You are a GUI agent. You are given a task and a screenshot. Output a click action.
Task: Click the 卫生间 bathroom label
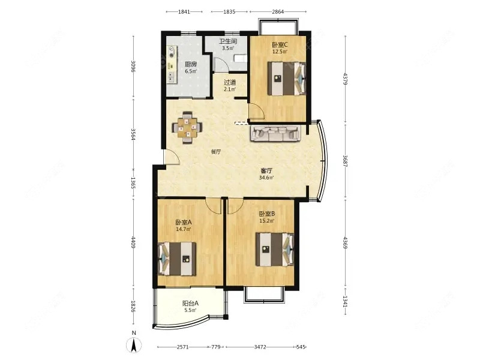point(228,41)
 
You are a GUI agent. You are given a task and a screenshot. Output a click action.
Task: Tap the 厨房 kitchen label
point(191,64)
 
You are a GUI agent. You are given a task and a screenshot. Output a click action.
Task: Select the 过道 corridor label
point(230,82)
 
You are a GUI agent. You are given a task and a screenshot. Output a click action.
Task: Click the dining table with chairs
point(187,128)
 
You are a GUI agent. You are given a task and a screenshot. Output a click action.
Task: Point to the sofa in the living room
point(275,133)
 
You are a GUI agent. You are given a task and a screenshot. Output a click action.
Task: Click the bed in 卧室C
point(287,79)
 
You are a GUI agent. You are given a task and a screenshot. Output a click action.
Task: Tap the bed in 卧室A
point(177,259)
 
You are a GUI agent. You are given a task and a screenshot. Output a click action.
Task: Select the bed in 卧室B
point(275,250)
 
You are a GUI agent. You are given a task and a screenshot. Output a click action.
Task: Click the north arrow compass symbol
point(134,346)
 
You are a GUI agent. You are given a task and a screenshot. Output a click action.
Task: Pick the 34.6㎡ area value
point(266,177)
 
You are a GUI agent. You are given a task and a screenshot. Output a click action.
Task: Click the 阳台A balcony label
point(190,304)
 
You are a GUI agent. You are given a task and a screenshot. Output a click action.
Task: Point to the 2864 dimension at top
point(278,11)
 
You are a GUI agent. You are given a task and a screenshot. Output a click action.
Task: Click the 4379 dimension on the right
point(346,79)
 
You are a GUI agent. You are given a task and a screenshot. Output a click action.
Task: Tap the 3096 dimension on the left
point(133,67)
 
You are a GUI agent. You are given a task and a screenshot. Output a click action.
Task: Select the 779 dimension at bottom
point(216,347)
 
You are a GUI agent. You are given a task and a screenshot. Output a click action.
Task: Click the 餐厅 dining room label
point(216,152)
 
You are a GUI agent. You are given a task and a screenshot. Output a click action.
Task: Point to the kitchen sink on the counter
point(172,77)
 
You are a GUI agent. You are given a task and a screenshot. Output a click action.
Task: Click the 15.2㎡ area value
point(266,220)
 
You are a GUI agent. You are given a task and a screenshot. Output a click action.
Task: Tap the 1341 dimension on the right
point(346,301)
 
